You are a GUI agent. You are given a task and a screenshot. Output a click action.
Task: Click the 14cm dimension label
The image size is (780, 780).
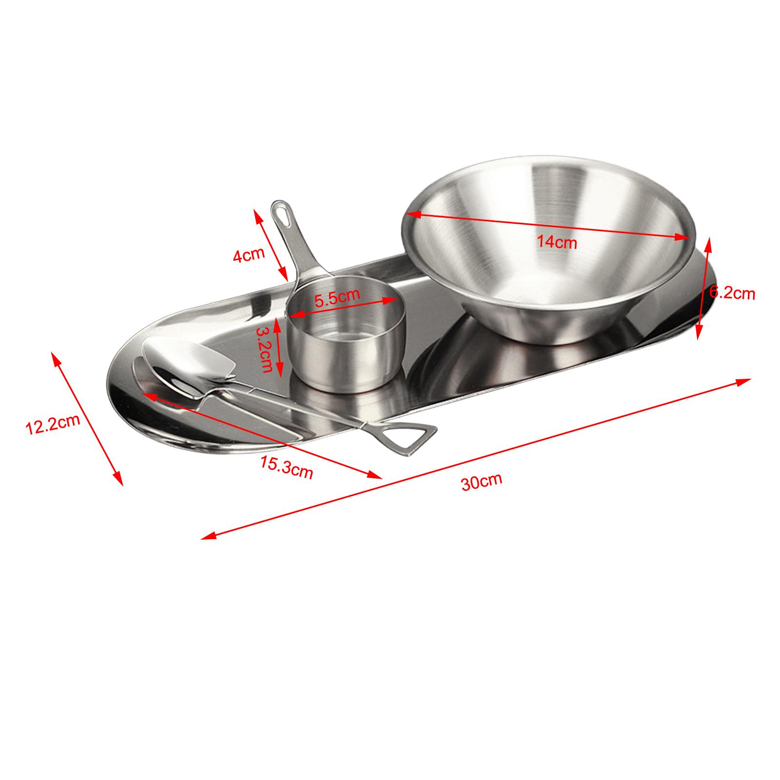pos(557,241)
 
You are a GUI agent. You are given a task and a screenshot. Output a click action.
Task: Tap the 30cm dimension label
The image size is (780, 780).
pos(482,482)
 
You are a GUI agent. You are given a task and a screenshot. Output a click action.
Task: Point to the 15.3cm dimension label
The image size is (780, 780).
pos(286,467)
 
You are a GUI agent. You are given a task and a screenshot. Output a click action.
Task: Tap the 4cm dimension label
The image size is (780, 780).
pos(249,255)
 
